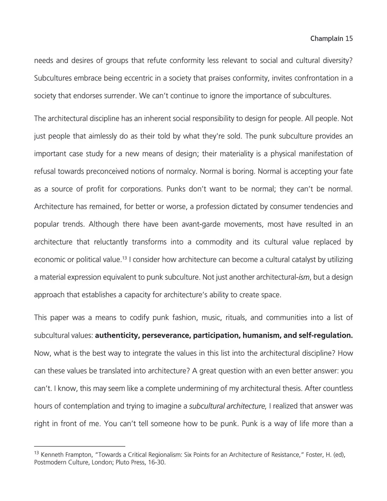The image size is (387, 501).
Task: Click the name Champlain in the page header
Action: (327, 39)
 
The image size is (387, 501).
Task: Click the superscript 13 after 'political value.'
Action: (125, 258)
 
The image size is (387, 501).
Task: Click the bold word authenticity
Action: (116, 335)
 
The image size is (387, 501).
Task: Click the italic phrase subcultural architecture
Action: (228, 406)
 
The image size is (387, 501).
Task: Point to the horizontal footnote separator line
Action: (80, 446)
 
